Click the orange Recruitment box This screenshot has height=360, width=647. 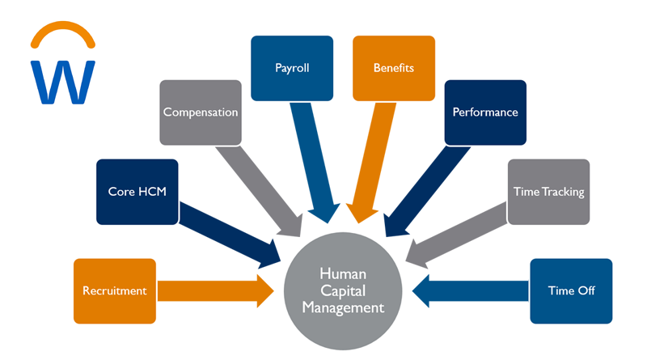click(114, 290)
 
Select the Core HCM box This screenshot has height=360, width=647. click(137, 192)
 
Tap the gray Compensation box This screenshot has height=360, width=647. click(201, 112)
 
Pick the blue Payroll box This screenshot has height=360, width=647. click(292, 68)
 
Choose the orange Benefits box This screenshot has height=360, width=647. click(393, 68)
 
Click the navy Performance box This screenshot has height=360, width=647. click(484, 112)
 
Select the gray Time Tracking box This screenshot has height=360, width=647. click(548, 192)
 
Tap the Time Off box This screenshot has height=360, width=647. click(571, 290)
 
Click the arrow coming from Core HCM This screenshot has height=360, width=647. click(230, 235)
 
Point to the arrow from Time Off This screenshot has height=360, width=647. click(473, 290)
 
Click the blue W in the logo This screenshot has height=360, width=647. click(62, 81)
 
